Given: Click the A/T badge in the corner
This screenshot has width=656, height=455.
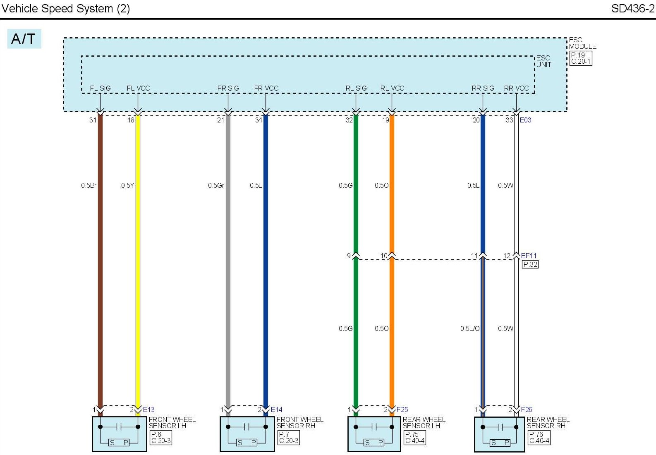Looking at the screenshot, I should (x=24, y=39).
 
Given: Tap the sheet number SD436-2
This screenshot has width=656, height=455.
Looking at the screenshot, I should (x=632, y=9).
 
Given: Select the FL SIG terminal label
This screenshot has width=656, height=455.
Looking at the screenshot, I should (x=100, y=88).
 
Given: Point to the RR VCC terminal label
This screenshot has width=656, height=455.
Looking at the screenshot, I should (x=516, y=88).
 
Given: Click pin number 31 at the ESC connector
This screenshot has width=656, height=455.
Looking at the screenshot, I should (x=93, y=120).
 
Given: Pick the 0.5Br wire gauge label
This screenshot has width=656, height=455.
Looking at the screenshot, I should (x=89, y=185).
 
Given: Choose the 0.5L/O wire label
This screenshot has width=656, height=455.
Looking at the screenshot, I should (x=470, y=328).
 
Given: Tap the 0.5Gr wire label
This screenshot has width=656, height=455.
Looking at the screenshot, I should (x=216, y=185).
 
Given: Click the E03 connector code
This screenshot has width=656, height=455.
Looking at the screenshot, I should (x=525, y=120).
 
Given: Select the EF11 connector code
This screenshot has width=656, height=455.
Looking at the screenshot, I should (x=529, y=256).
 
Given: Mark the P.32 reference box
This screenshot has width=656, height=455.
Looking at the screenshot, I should (x=530, y=264).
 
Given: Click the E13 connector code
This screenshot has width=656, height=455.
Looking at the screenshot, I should (x=148, y=409).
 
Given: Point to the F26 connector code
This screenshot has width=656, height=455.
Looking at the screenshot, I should (x=527, y=409).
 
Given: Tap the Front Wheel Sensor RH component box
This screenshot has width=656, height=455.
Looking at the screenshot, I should (x=247, y=433).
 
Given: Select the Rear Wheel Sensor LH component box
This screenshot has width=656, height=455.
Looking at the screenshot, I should (x=374, y=433).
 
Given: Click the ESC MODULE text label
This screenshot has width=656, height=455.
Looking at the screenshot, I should (x=582, y=43).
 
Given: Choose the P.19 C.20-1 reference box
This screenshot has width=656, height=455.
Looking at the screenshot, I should (x=581, y=58).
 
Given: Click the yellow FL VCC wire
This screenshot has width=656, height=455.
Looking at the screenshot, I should (x=138, y=248).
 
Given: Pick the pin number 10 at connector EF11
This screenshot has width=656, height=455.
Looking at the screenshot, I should (x=384, y=256).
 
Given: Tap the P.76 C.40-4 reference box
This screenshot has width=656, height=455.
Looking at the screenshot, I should (x=539, y=437).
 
